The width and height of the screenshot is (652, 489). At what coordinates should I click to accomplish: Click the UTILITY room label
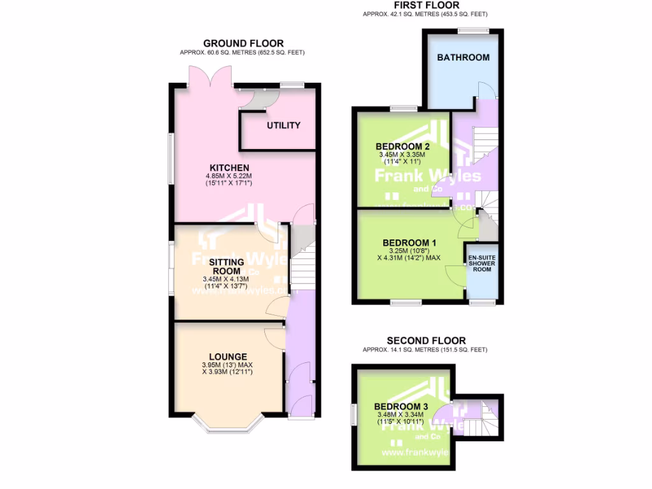pyautogui.click(x=283, y=125)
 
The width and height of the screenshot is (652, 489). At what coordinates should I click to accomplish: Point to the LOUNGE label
pyautogui.click(x=227, y=356)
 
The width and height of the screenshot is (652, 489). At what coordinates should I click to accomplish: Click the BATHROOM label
pyautogui.click(x=463, y=57)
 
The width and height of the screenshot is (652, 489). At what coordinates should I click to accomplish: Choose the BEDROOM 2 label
pyautogui.click(x=402, y=146)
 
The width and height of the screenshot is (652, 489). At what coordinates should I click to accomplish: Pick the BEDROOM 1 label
pyautogui.click(x=409, y=243)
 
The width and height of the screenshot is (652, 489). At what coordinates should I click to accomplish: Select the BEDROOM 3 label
pyautogui.click(x=400, y=407)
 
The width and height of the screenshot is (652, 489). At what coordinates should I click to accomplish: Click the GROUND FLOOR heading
pyautogui.click(x=243, y=43)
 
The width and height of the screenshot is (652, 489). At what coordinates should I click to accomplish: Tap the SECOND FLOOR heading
pyautogui.click(x=426, y=341)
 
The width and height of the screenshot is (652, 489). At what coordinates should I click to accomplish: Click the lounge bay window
pyautogui.click(x=227, y=429)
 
